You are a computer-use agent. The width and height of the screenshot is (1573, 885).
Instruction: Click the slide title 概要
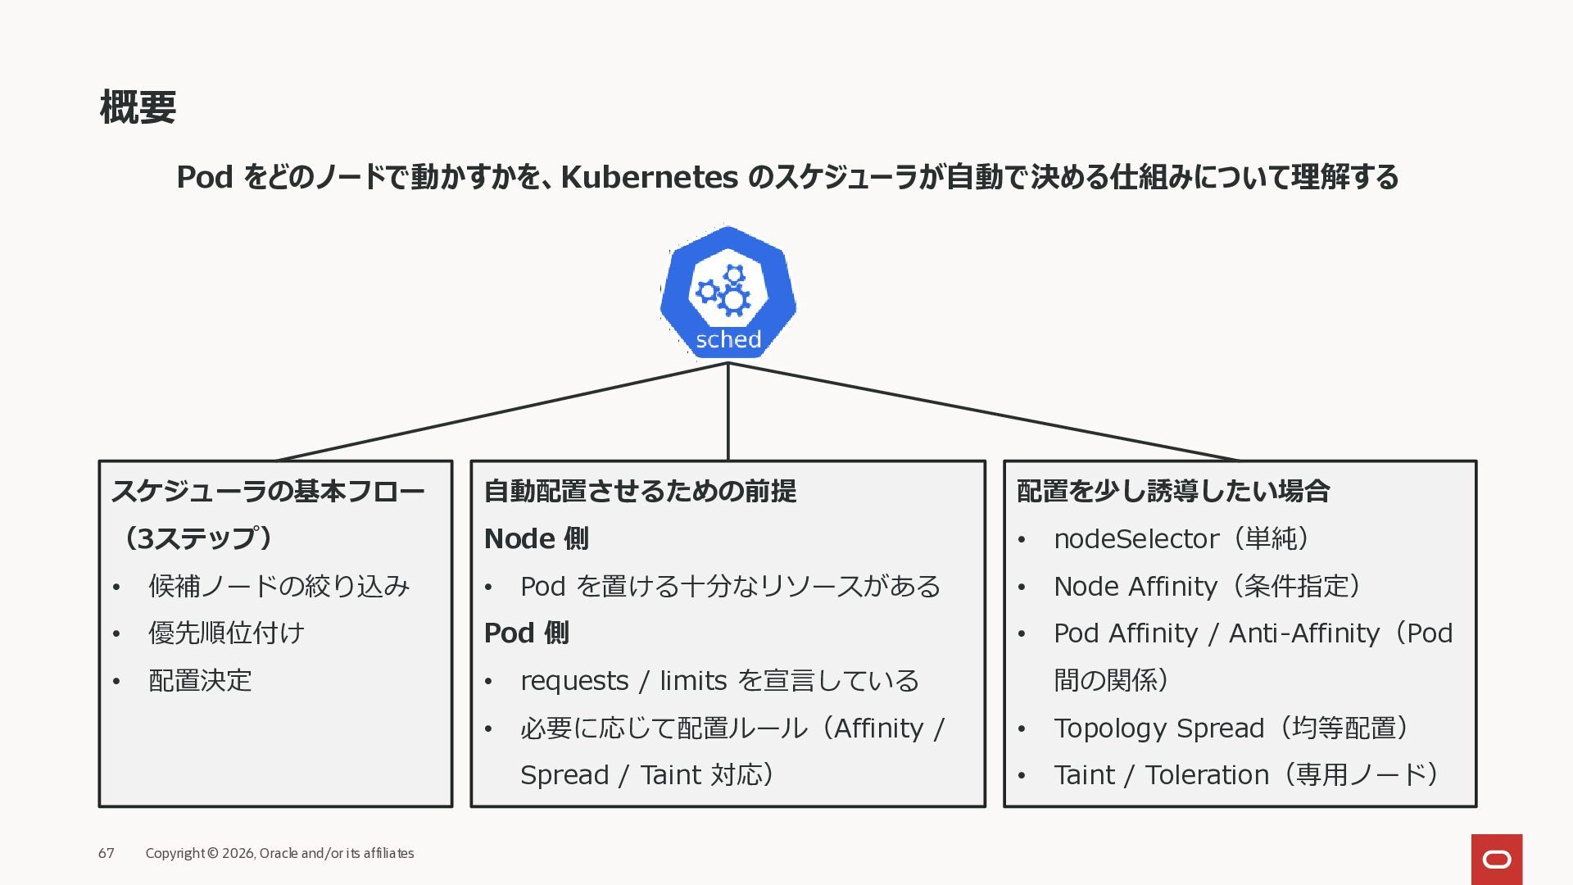click(x=138, y=107)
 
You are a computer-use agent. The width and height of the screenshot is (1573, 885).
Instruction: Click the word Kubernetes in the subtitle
click(x=649, y=177)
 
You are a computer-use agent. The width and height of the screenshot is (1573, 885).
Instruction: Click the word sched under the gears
click(x=728, y=339)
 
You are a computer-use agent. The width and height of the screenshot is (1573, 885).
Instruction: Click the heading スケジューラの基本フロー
click(x=268, y=491)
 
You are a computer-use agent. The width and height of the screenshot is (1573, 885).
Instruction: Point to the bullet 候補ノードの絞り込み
click(x=279, y=586)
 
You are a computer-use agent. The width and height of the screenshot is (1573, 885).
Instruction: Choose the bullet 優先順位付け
click(x=226, y=633)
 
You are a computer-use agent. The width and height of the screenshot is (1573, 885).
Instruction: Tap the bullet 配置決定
click(x=200, y=680)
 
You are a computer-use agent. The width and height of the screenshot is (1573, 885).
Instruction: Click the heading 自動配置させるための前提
click(x=640, y=491)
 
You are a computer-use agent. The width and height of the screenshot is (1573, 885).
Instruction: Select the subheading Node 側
click(x=536, y=538)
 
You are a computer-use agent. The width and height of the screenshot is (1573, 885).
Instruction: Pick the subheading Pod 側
click(x=526, y=633)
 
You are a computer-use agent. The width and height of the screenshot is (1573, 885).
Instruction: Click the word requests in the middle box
click(x=574, y=681)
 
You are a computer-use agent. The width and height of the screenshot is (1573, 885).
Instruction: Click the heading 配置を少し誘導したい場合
click(x=1173, y=491)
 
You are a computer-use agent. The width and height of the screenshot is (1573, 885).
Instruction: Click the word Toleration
click(x=1207, y=774)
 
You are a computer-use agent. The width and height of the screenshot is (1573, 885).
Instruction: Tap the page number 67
click(x=107, y=853)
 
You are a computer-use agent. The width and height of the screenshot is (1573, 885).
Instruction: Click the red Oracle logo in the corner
click(x=1497, y=859)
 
